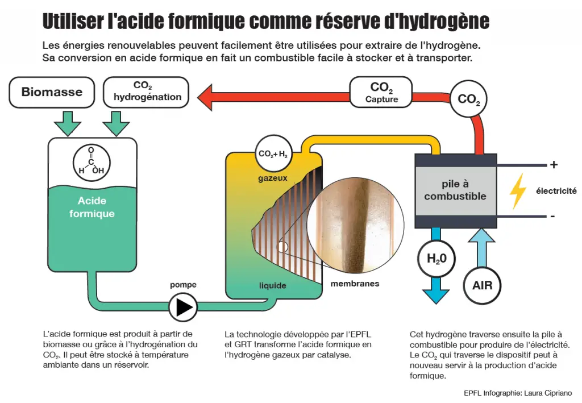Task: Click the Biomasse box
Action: point(52,93)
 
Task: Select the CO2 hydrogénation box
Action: point(146,93)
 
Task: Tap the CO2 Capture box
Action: point(381,93)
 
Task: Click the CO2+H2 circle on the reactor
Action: point(273,153)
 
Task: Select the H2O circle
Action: point(436,259)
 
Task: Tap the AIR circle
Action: point(482,285)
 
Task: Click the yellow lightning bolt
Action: point(517,191)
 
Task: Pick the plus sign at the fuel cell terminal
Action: point(554,164)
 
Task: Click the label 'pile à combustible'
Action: point(455,190)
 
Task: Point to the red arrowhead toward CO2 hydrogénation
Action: point(205,98)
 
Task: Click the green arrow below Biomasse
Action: point(68,123)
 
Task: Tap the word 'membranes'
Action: point(355,284)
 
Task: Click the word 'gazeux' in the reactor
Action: point(273,178)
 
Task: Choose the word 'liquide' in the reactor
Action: point(272,285)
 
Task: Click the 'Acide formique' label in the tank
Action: point(92,207)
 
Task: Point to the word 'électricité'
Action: point(556,191)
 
